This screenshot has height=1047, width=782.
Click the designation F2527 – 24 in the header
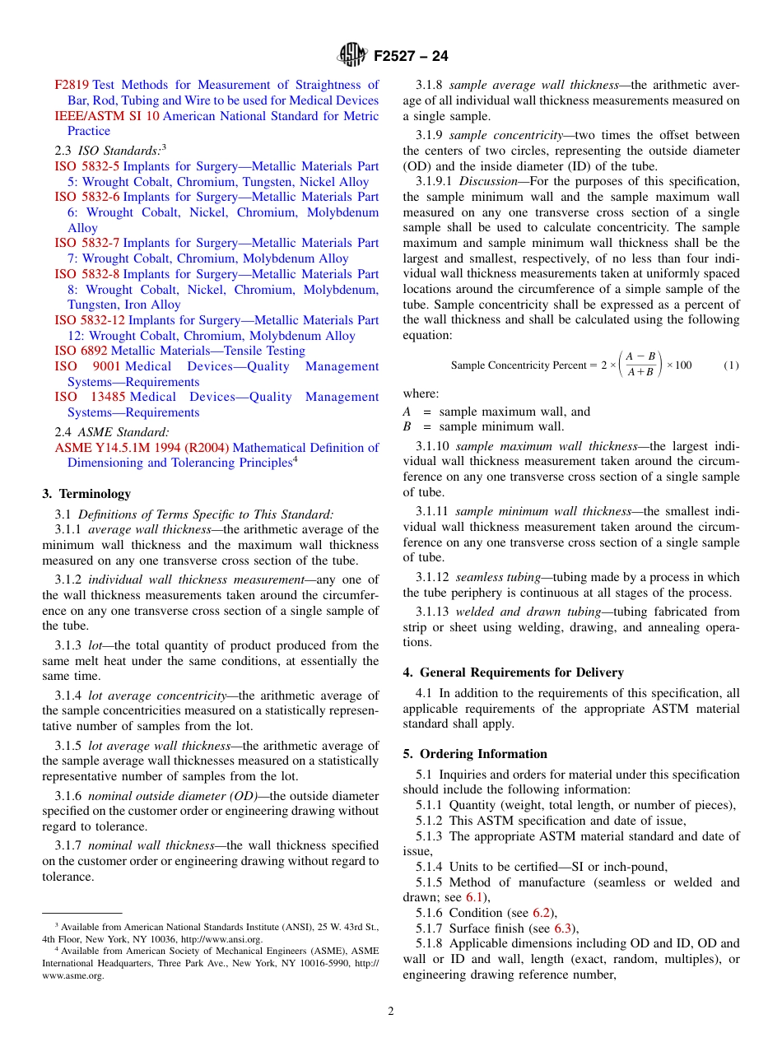pos(411,56)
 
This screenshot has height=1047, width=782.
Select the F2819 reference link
pos(72,85)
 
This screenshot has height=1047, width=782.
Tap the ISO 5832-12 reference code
pos(90,320)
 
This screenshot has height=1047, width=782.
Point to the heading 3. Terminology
pos(86,494)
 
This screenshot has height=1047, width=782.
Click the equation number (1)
pos(731,365)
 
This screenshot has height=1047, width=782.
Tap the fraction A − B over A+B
pos(640,364)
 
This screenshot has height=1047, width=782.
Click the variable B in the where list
pos(407,426)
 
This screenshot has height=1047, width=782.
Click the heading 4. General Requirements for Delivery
pos(514,672)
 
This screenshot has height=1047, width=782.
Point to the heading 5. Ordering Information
pos(475,754)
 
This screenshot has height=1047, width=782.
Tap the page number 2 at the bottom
pos(391,1012)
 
